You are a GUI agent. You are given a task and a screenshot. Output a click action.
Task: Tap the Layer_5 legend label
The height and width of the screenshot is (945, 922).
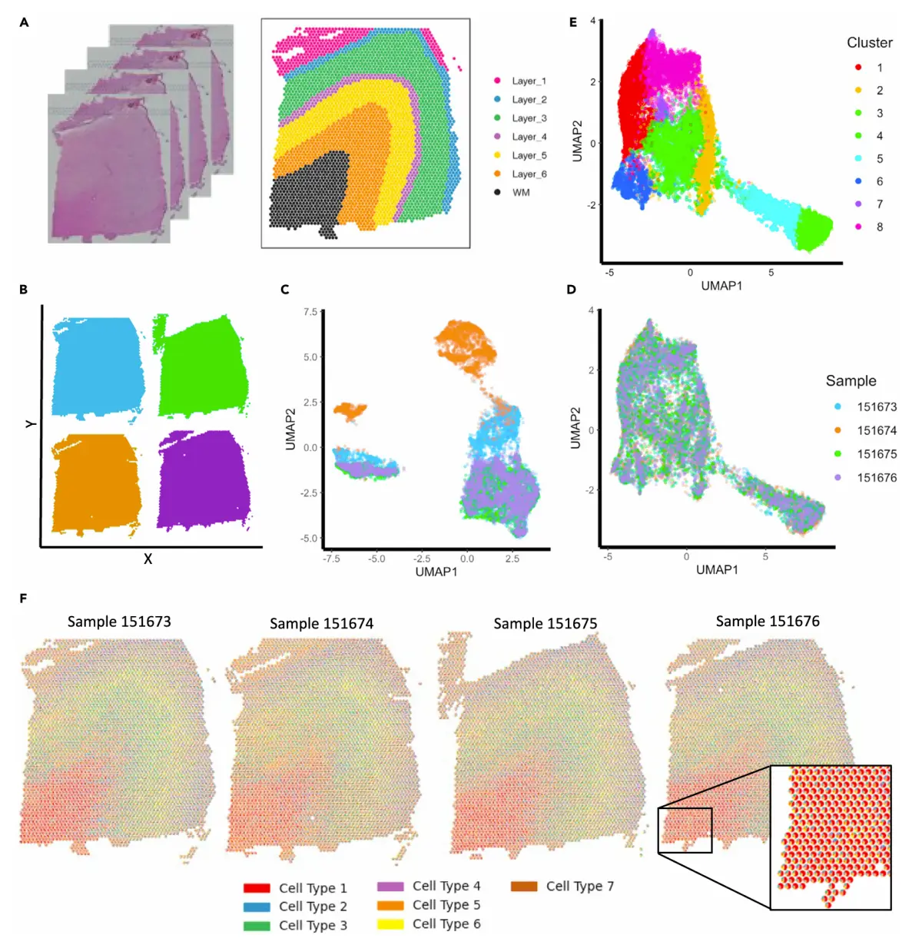tap(529, 155)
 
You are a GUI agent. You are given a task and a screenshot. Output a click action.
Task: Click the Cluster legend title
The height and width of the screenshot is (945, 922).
tap(869, 43)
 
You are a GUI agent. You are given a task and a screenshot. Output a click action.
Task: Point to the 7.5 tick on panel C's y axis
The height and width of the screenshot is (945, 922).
tap(310, 312)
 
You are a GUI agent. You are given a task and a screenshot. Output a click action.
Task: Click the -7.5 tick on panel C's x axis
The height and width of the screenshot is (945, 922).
tap(331, 559)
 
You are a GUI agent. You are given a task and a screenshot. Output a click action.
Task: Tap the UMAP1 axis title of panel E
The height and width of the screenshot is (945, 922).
tap(721, 285)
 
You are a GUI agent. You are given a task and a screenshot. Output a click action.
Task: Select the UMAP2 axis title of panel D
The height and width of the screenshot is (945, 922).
tap(575, 428)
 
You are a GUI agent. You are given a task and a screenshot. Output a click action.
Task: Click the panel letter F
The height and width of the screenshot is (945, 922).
tap(23, 598)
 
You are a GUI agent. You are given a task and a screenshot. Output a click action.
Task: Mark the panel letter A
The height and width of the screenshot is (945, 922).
tap(24, 23)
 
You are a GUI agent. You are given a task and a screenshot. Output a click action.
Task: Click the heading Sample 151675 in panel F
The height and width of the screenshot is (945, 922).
tap(545, 623)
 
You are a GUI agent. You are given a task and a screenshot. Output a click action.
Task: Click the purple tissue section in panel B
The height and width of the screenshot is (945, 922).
tap(204, 480)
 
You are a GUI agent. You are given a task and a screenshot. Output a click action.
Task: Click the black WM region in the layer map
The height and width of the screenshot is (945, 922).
tap(306, 192)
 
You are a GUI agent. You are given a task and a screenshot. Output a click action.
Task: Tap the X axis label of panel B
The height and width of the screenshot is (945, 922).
tap(148, 559)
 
